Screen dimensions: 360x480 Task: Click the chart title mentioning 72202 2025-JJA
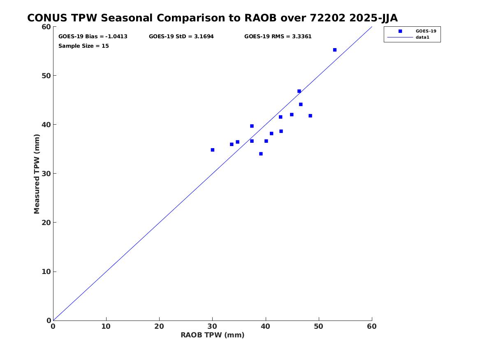[x=212, y=18]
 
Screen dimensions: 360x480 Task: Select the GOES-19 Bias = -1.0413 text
[x=93, y=37]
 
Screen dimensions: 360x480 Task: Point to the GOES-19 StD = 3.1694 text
[x=181, y=37]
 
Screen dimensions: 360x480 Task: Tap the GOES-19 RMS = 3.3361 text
[x=278, y=37]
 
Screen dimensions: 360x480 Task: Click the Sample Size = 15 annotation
[x=83, y=46]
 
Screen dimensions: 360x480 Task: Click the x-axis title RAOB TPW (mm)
[x=212, y=335]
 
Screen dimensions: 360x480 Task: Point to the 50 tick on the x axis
[x=319, y=326]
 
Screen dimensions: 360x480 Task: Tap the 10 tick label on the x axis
[x=106, y=326]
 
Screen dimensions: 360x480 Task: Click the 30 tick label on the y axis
[x=46, y=174]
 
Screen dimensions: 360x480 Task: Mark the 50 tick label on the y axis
[x=46, y=76]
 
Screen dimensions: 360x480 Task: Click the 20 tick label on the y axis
[x=46, y=223]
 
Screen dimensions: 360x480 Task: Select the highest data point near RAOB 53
[x=335, y=50]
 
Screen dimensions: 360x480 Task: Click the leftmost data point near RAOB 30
[x=213, y=150]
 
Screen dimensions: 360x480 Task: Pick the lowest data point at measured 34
[x=261, y=154]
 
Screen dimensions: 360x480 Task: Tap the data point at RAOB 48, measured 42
[x=310, y=116]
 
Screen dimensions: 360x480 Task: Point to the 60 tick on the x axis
[x=372, y=326]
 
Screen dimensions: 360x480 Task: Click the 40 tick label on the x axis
[x=266, y=326]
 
